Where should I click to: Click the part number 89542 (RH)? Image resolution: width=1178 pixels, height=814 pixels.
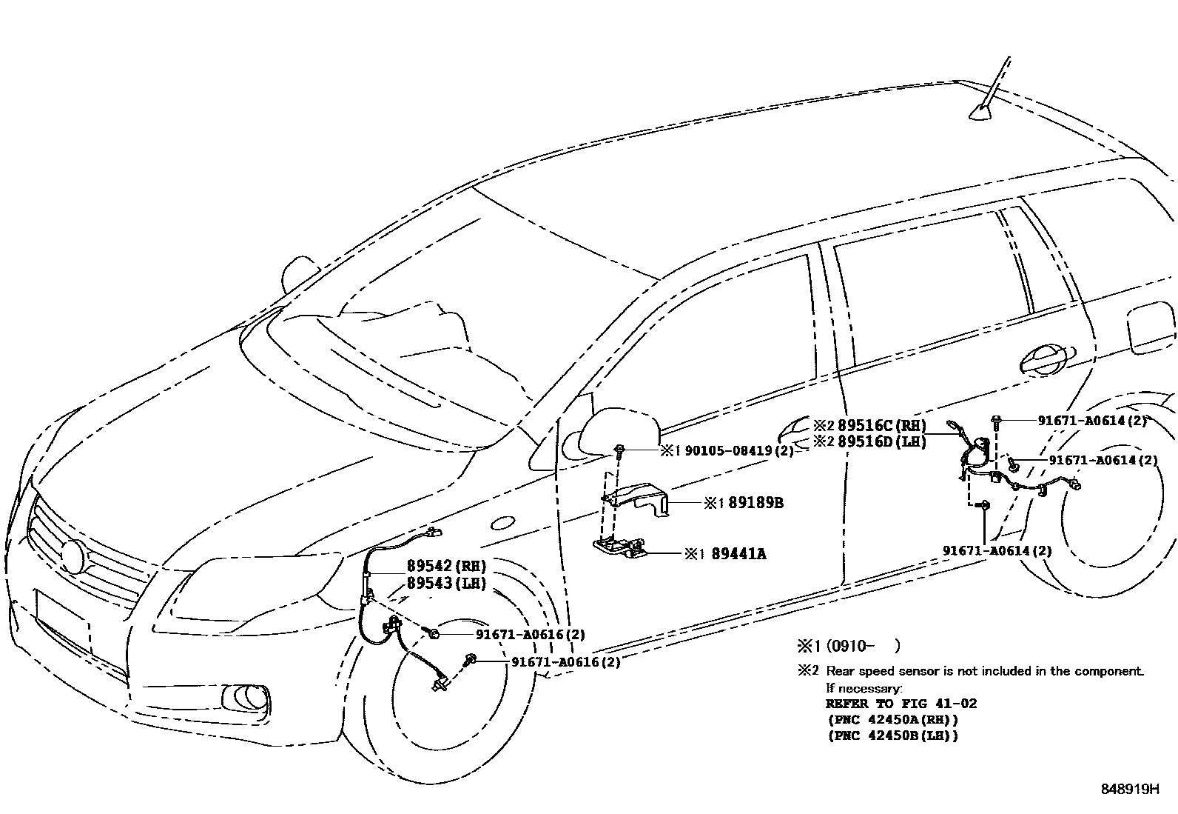tap(446, 567)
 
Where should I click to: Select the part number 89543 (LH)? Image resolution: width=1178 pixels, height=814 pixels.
tap(446, 584)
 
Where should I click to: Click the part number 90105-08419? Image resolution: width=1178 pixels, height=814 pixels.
tap(738, 450)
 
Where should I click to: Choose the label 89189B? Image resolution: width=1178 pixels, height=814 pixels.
tap(755, 503)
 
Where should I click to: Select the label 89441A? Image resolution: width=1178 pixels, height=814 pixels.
tap(738, 553)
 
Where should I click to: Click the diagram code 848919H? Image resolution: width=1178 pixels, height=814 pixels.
tap(1129, 790)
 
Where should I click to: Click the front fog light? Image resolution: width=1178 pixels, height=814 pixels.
tap(243, 698)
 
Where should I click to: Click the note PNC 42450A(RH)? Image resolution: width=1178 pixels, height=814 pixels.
tap(892, 719)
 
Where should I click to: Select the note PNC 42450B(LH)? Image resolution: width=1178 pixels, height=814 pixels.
tap(892, 735)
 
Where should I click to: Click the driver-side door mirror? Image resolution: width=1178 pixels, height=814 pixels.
tap(619, 430)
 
